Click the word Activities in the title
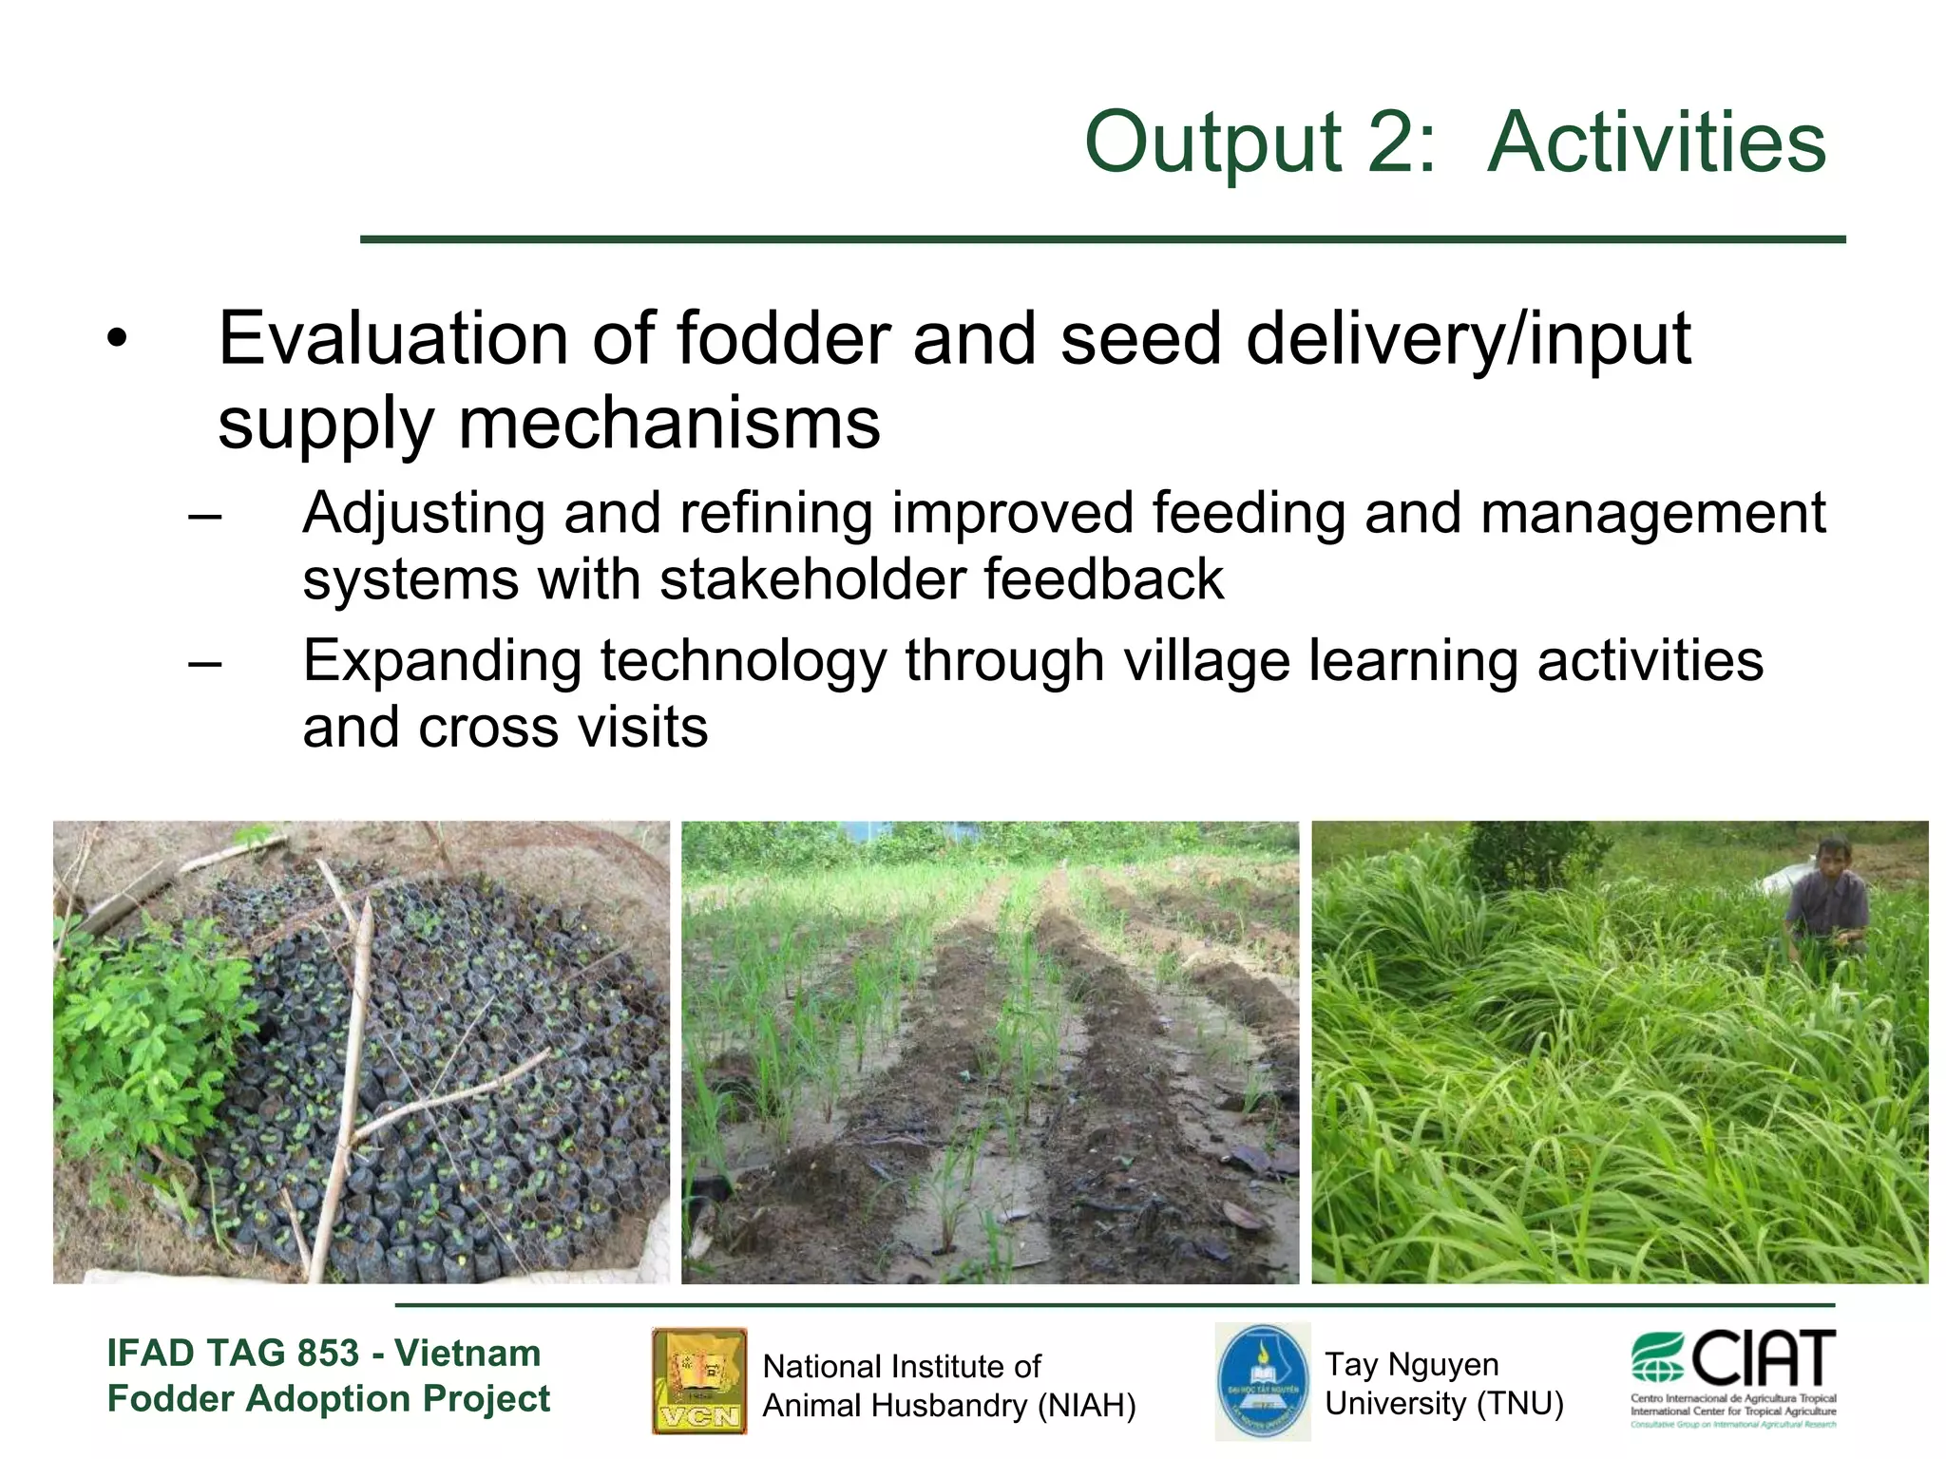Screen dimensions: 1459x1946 coord(1655,142)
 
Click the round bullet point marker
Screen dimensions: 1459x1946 coord(116,340)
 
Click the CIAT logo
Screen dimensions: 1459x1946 coord(1733,1377)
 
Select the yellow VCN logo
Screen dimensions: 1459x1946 coord(699,1380)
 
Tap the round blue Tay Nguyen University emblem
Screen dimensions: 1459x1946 coord(1262,1381)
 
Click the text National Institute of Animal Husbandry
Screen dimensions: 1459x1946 coord(948,1386)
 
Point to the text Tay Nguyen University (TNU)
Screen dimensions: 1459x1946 coord(1443,1384)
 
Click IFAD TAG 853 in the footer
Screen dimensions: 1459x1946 coord(233,1353)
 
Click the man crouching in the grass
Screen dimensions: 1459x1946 coord(1826,898)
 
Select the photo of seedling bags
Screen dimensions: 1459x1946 coord(361,1052)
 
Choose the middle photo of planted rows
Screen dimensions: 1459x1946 coord(990,1052)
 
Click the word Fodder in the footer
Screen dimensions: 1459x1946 coord(169,1399)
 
